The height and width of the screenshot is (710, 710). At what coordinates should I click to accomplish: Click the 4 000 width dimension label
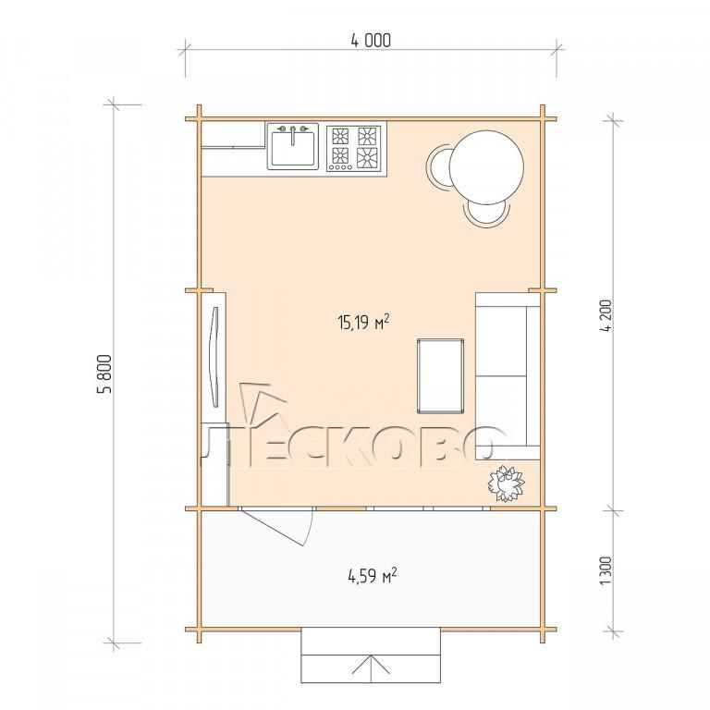371,41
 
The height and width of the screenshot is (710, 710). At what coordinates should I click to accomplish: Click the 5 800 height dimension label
104,374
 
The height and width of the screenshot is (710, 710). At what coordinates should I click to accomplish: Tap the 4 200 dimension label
606,315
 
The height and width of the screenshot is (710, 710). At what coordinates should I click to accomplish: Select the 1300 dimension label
606,570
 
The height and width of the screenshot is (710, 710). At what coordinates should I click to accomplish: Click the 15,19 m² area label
363,322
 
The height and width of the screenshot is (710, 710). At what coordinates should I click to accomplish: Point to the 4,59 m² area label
373,576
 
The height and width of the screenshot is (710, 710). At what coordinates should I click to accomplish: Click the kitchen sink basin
292,147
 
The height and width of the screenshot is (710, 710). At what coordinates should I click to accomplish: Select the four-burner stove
356,148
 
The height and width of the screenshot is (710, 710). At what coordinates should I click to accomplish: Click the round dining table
487,166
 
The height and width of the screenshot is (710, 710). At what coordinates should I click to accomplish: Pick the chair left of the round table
438,166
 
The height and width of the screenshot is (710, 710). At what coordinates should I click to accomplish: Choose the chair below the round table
486,214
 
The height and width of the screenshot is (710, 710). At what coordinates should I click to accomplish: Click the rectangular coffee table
441,376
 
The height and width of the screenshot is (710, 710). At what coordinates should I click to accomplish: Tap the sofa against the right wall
508,376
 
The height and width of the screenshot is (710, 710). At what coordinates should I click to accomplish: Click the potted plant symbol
506,484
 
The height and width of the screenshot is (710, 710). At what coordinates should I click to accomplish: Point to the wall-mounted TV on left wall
215,356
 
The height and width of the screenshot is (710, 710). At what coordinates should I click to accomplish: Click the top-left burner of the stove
340,135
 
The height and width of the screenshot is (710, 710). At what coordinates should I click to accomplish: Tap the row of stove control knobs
340,167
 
